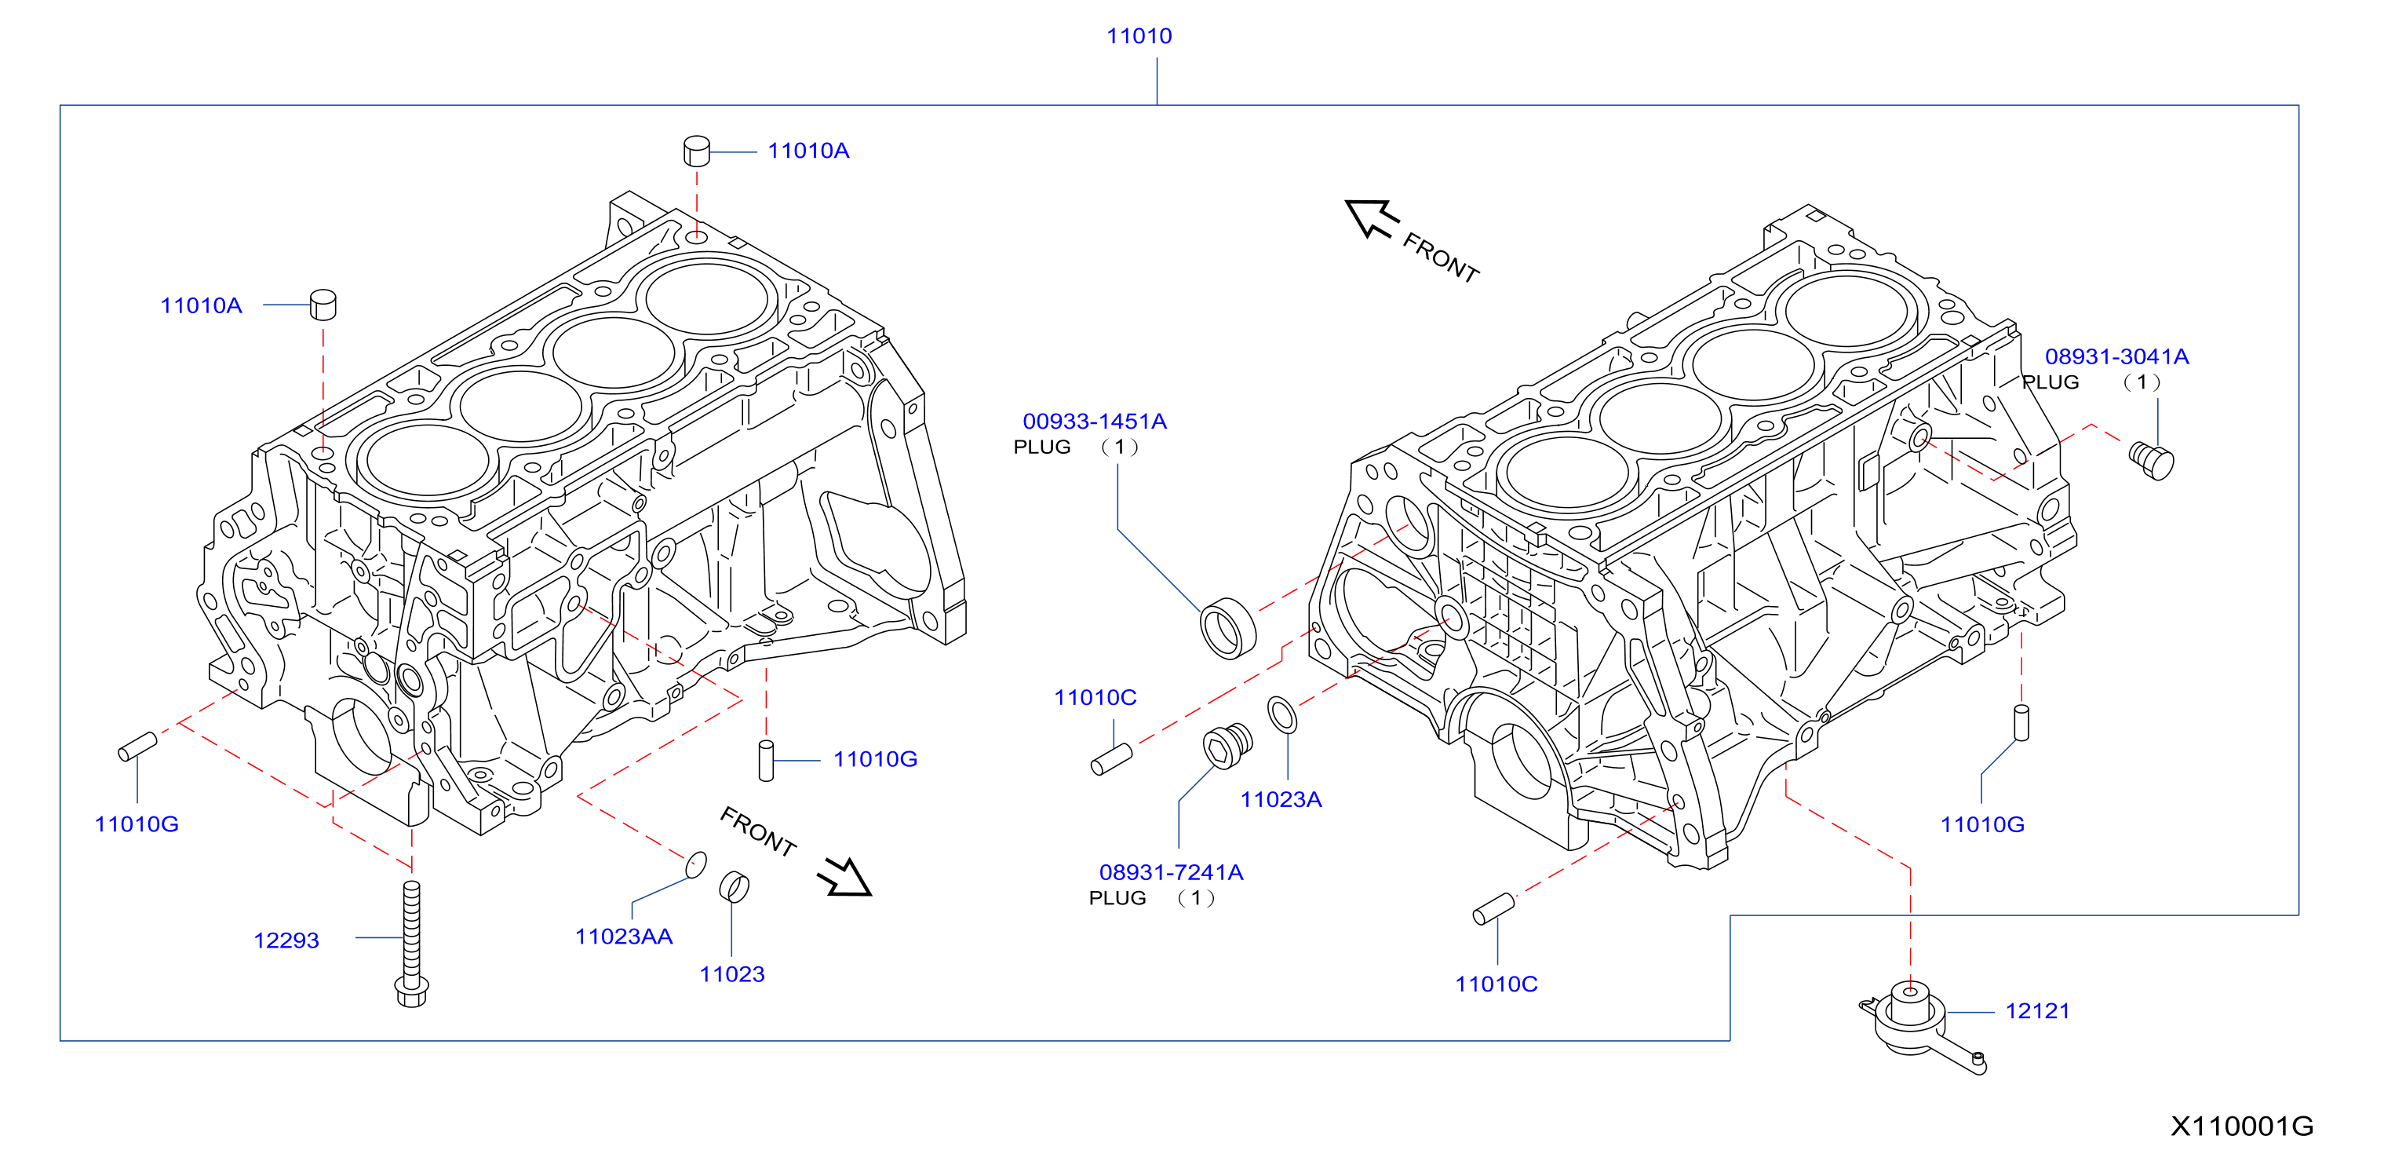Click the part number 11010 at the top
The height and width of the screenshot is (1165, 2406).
[1139, 35]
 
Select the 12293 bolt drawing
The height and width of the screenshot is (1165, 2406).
[412, 944]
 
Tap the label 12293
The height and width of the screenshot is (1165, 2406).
[286, 940]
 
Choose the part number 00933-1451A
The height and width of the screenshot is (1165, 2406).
[1094, 422]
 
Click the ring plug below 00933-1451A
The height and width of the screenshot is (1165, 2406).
[1227, 628]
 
